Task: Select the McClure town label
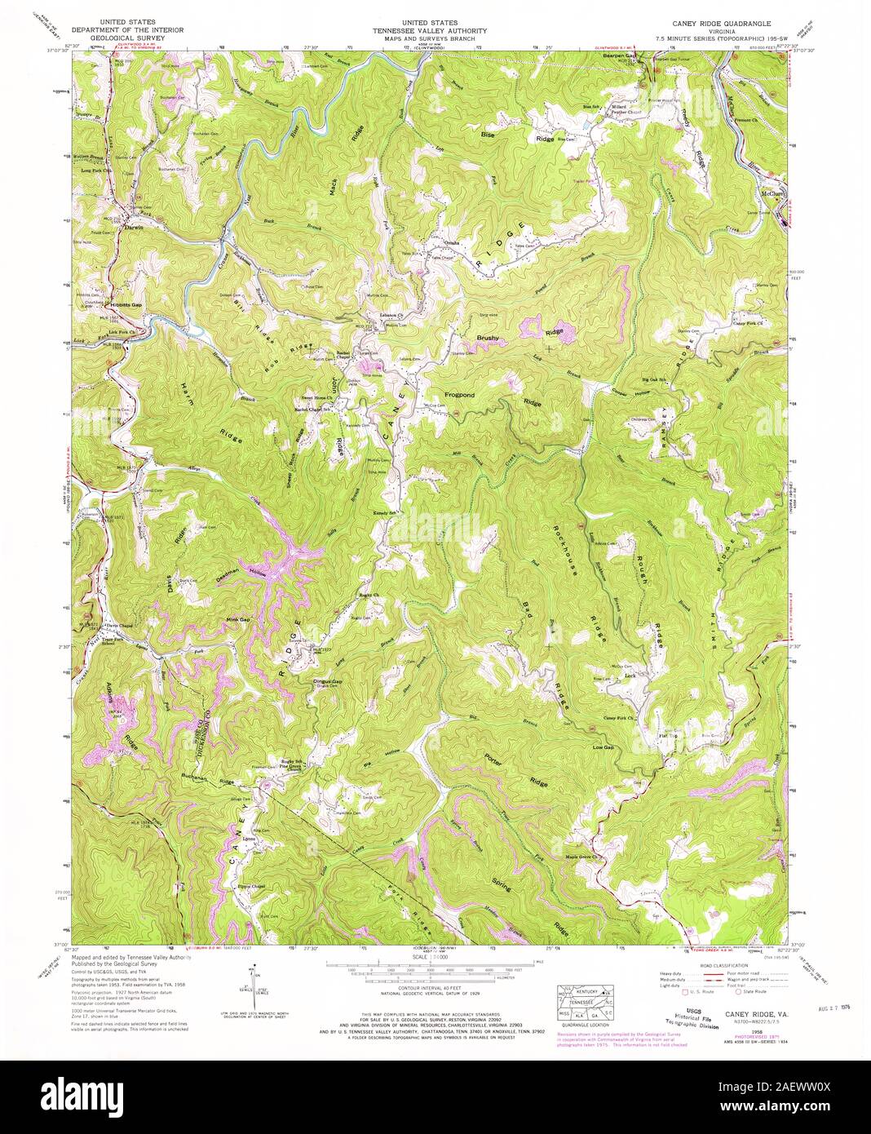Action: [x=771, y=194]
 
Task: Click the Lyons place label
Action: [x=249, y=839]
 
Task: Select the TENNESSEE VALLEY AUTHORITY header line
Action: [x=435, y=31]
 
